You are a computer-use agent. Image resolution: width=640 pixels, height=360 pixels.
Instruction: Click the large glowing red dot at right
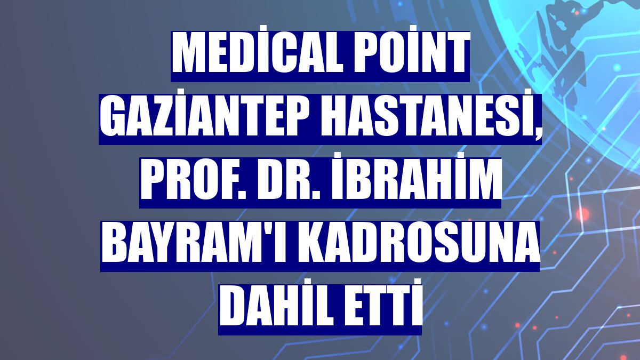click(582, 214)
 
